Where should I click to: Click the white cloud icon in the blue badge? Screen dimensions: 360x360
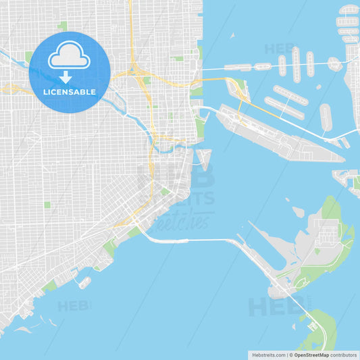(x=70, y=55)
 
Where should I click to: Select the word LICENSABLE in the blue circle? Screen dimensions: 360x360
(x=70, y=92)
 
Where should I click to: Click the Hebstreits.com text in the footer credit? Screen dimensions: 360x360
(x=268, y=355)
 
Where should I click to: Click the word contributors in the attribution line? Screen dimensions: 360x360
(x=344, y=355)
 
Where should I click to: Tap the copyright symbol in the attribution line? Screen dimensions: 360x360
(x=290, y=355)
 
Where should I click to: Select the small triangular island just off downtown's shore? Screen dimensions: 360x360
(x=203, y=158)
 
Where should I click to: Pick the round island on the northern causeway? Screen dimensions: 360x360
(x=334, y=64)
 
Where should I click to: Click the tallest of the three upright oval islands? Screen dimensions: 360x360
(x=296, y=63)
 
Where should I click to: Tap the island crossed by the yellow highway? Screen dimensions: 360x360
(x=237, y=88)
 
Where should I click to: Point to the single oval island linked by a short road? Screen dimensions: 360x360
(x=326, y=116)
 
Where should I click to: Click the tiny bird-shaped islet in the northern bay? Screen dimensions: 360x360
(x=232, y=34)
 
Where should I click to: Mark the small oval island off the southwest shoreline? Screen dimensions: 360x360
(x=84, y=282)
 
